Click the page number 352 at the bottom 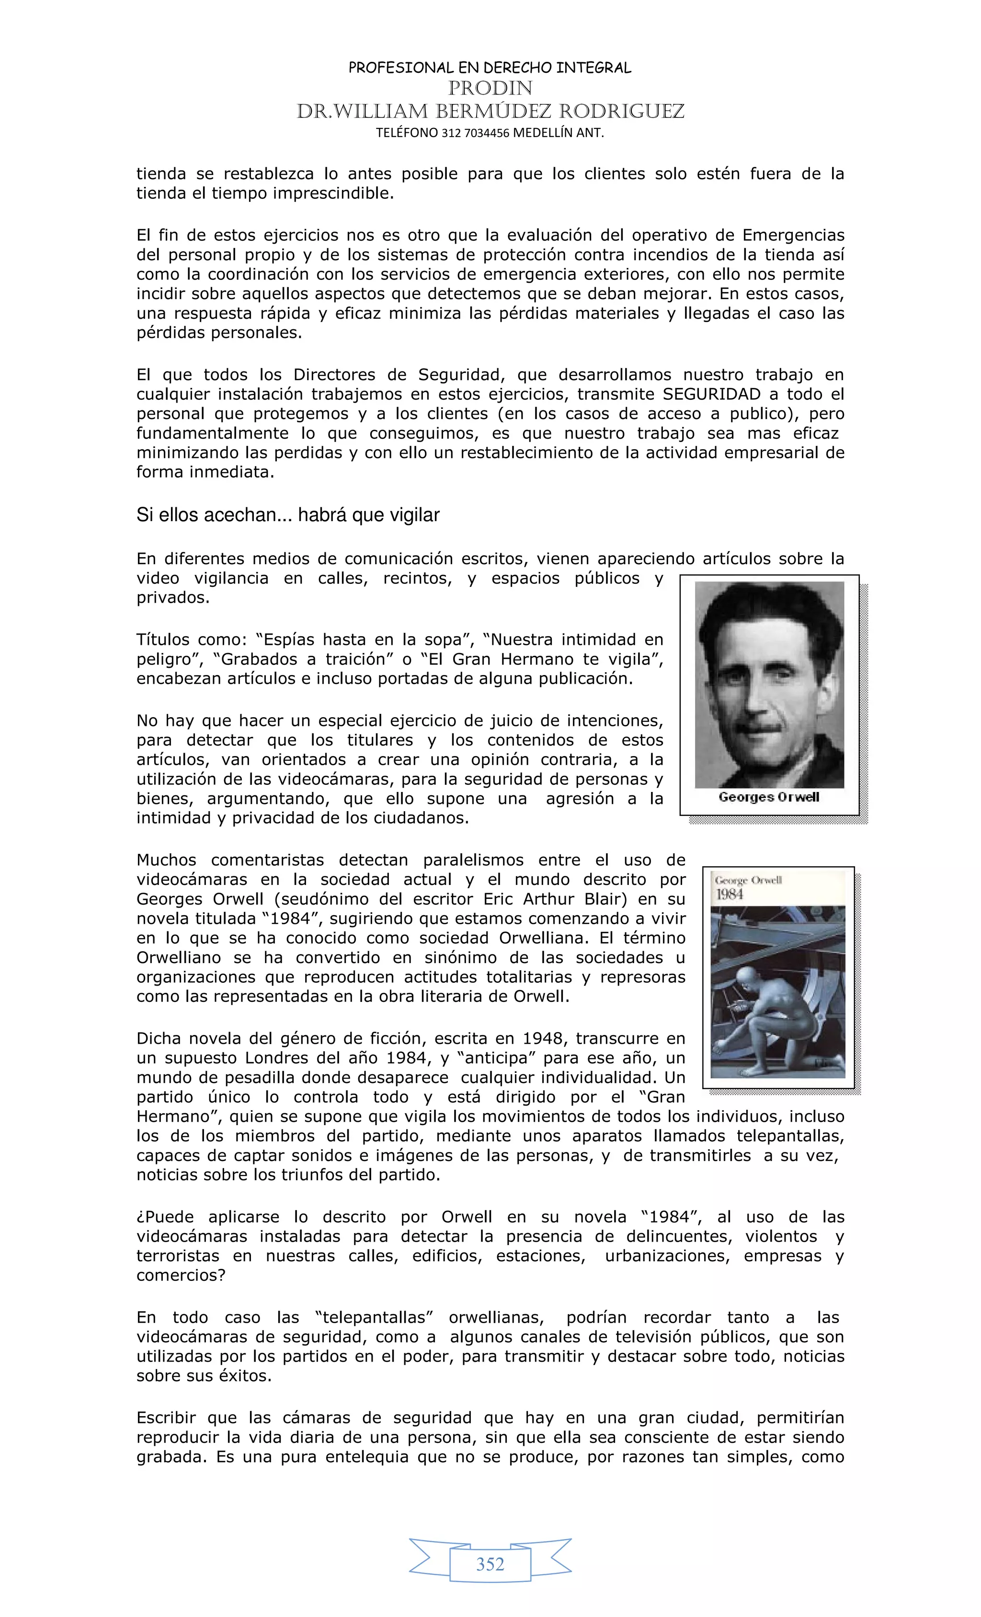click(490, 1564)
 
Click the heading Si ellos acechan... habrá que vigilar click(287, 515)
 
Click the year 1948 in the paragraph click(542, 1039)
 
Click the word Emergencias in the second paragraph click(793, 235)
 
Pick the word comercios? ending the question click(181, 1275)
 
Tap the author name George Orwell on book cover click(748, 880)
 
